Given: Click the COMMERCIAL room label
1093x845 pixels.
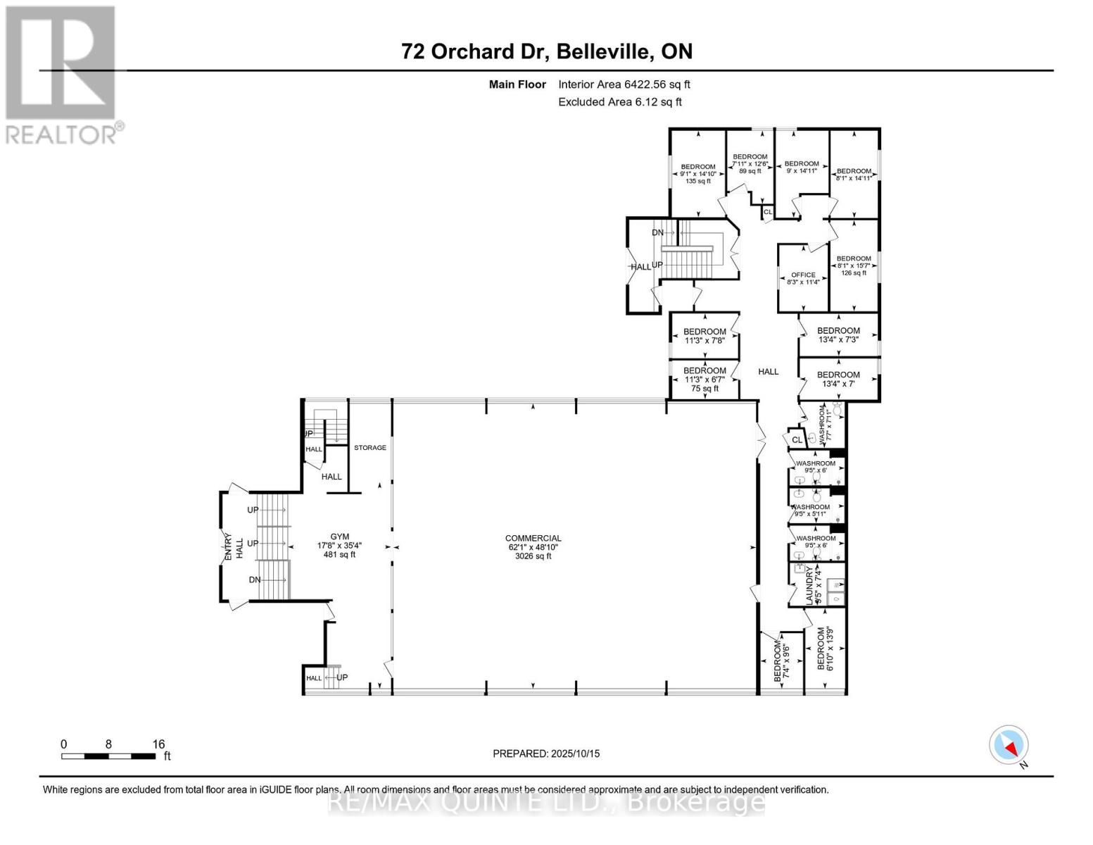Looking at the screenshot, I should [x=533, y=547].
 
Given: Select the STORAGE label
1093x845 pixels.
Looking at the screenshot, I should [x=369, y=448].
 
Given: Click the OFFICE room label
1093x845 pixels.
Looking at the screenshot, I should [x=803, y=279].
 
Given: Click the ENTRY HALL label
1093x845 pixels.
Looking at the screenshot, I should [x=233, y=545].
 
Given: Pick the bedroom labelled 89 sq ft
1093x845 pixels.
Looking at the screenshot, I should [x=750, y=163].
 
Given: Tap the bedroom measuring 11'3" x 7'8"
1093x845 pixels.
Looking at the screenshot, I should [x=704, y=336].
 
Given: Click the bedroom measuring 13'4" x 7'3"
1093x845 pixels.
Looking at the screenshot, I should [x=838, y=335].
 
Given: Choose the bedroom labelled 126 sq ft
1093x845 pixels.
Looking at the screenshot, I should [x=854, y=265].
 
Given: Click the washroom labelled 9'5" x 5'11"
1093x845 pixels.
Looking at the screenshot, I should [x=811, y=511].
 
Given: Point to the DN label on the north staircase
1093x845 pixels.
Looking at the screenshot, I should [x=657, y=232].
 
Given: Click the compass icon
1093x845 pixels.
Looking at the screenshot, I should [x=1009, y=745].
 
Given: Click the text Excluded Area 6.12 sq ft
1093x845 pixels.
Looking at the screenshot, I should [x=619, y=102].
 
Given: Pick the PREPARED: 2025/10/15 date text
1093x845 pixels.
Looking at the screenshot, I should [x=546, y=753].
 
